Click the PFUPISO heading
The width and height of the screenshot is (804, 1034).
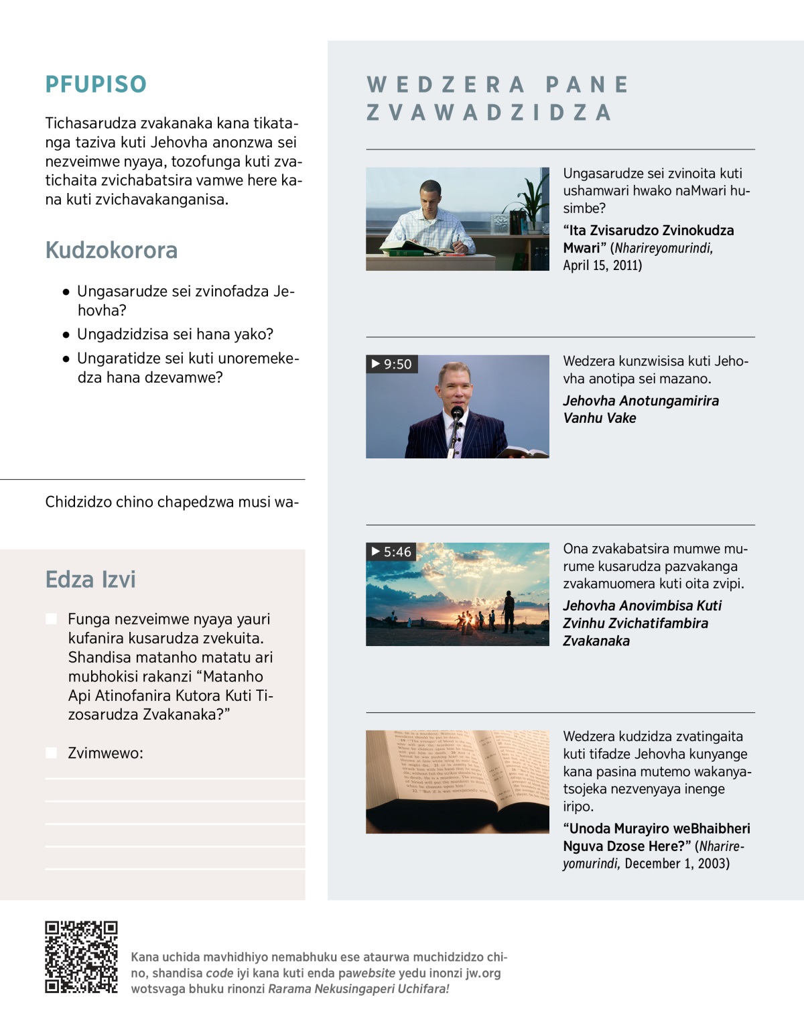pyautogui.click(x=96, y=84)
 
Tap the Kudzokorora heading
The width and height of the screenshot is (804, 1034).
pyautogui.click(x=111, y=250)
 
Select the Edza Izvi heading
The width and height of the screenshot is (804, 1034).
pyautogui.click(x=90, y=579)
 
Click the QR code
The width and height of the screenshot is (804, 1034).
pyautogui.click(x=81, y=956)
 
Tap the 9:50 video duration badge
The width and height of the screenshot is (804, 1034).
pyautogui.click(x=392, y=364)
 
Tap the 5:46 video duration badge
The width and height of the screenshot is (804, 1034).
pyautogui.click(x=392, y=552)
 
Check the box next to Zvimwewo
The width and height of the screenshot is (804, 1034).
pyautogui.click(x=51, y=753)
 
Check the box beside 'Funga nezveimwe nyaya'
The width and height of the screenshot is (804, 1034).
pyautogui.click(x=51, y=619)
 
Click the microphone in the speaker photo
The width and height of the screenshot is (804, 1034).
pyautogui.click(x=457, y=413)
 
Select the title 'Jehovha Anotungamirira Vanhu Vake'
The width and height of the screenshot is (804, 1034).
pyautogui.click(x=641, y=409)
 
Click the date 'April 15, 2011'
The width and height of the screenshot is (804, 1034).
pyautogui.click(x=602, y=265)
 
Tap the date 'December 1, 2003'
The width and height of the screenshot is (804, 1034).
pyautogui.click(x=677, y=863)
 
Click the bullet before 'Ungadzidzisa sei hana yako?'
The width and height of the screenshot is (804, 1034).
pyautogui.click(x=66, y=334)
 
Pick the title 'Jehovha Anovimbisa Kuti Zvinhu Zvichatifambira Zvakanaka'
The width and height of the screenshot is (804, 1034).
pyautogui.click(x=642, y=623)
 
